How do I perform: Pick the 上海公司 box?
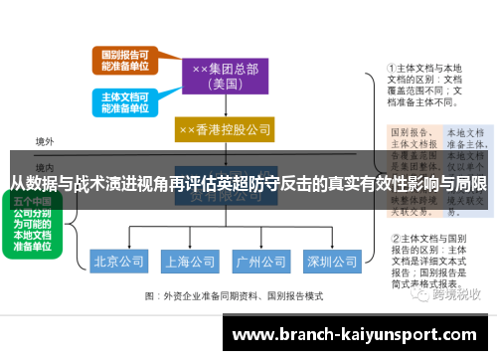click(190, 263)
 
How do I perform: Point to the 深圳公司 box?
click(331, 263)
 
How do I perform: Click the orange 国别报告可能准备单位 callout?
click(125, 61)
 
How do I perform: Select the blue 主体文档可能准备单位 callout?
click(125, 102)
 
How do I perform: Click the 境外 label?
click(44, 142)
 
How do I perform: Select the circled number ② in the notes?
click(395, 239)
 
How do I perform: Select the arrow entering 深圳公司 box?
click(331, 245)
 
